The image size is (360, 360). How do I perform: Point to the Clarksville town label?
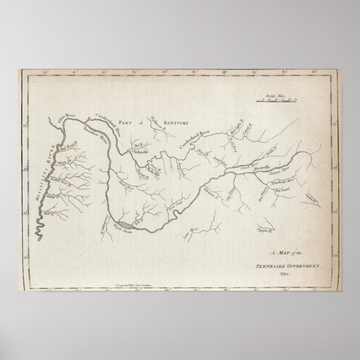tap(143, 150)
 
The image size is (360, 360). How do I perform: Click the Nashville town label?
tap(151, 171)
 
